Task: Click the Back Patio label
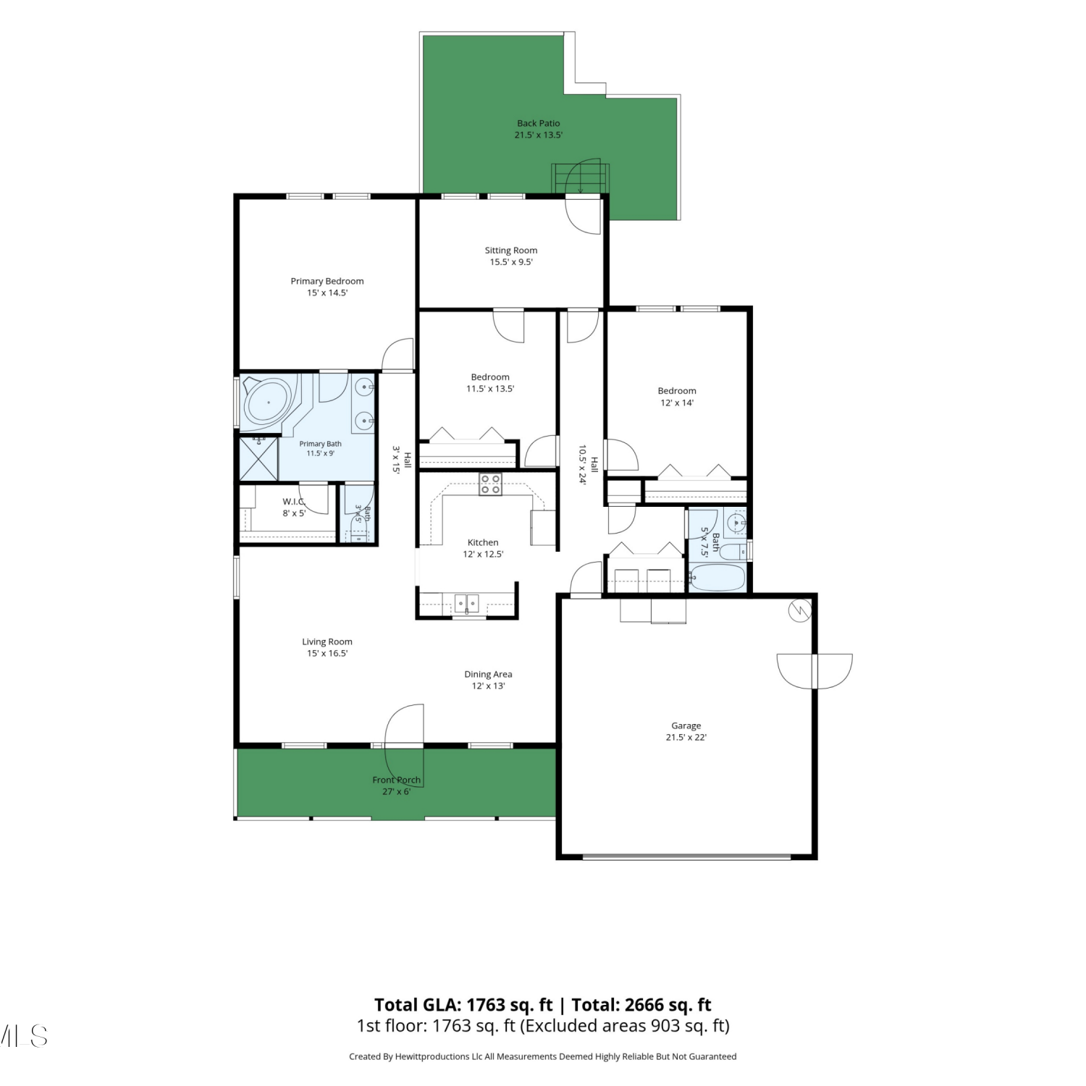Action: (x=538, y=123)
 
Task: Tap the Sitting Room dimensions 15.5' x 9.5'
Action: (x=511, y=262)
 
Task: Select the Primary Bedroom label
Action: (x=327, y=281)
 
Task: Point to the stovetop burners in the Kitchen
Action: (x=490, y=484)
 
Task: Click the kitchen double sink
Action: (x=467, y=602)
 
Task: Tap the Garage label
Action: (x=686, y=725)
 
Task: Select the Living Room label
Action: (x=327, y=641)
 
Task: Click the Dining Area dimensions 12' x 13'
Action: (x=488, y=686)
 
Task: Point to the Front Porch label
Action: (x=396, y=780)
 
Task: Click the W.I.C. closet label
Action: (x=294, y=501)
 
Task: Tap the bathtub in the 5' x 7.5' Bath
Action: (x=717, y=578)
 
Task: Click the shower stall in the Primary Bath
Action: (x=258, y=458)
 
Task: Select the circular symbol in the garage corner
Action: (x=800, y=611)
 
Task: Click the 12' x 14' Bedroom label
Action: (x=677, y=391)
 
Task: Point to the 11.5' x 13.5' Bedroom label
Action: (x=490, y=377)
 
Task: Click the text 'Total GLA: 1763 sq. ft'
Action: (x=463, y=1005)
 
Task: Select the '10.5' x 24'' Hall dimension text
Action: (x=582, y=465)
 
